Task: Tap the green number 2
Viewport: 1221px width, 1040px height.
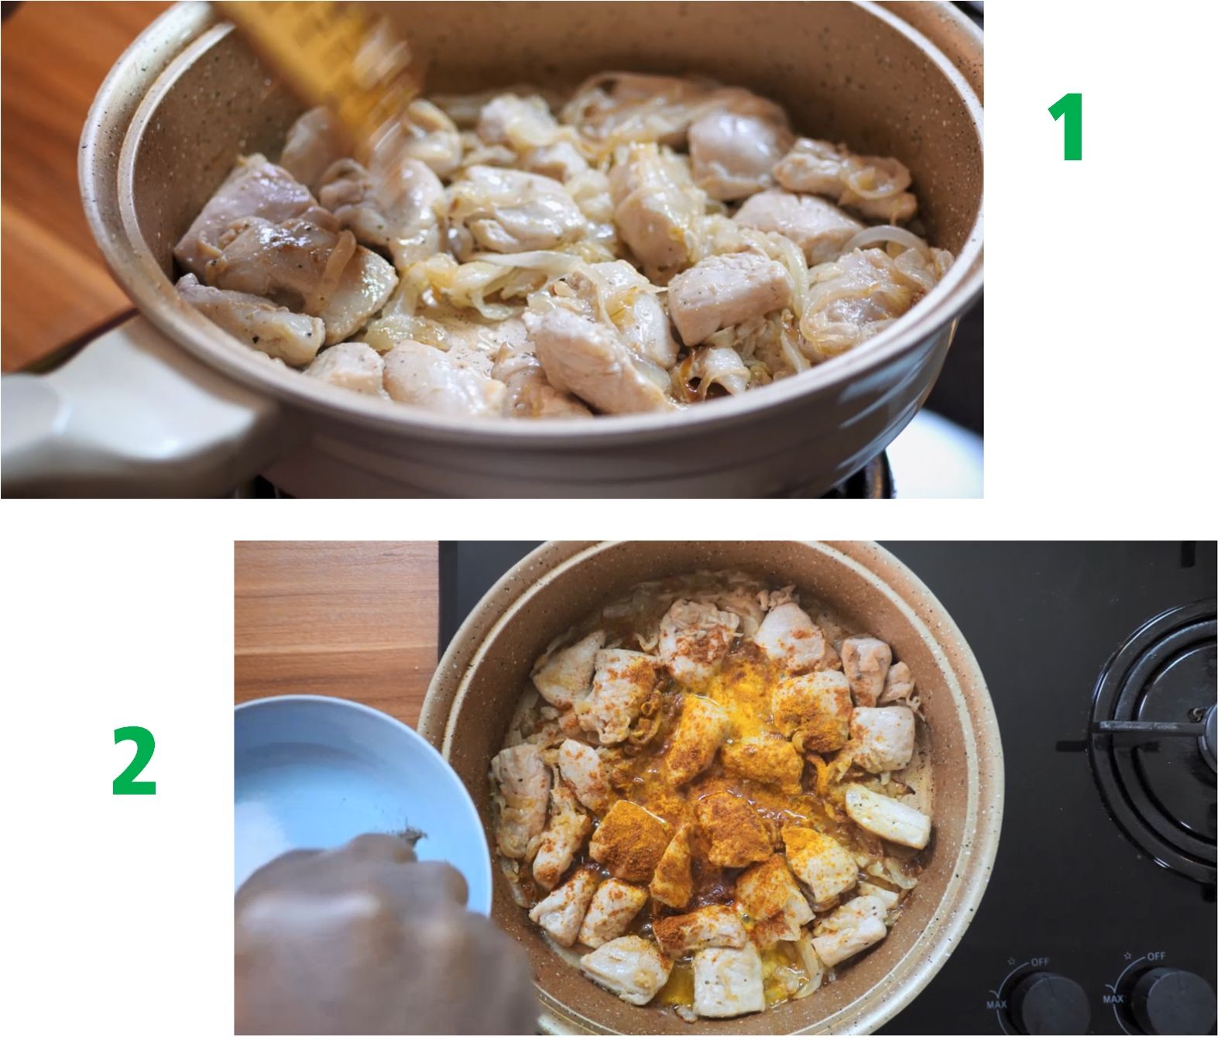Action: point(134,761)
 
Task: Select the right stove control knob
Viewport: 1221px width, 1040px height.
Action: point(1172,1004)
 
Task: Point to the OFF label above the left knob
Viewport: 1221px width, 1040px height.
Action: point(1041,962)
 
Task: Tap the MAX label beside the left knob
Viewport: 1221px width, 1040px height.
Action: point(996,1004)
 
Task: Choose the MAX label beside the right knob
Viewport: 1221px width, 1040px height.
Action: point(1113,999)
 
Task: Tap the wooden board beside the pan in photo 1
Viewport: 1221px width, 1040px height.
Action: point(59,177)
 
